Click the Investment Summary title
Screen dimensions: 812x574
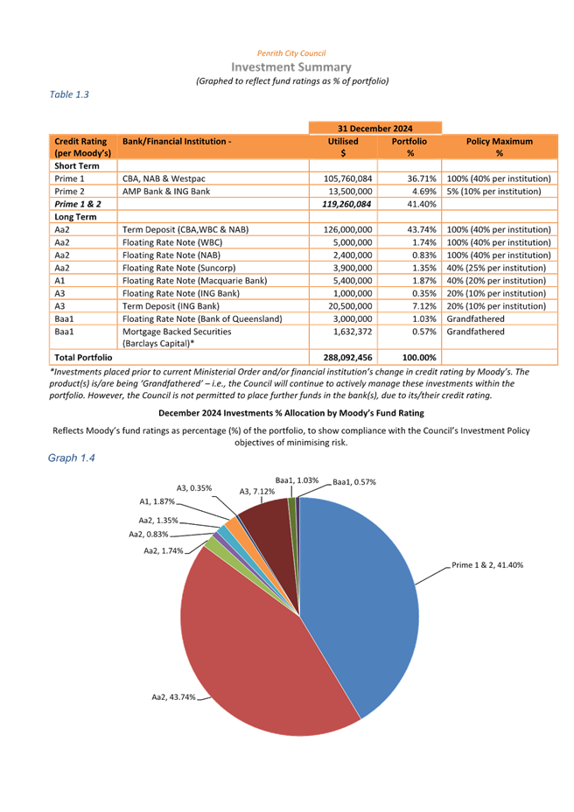coord(291,67)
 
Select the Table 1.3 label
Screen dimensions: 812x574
coord(70,94)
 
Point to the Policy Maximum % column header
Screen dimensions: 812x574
coord(500,146)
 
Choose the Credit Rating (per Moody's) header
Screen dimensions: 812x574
coord(81,146)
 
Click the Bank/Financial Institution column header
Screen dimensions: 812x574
coord(177,141)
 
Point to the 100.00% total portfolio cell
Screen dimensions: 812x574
coord(409,357)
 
